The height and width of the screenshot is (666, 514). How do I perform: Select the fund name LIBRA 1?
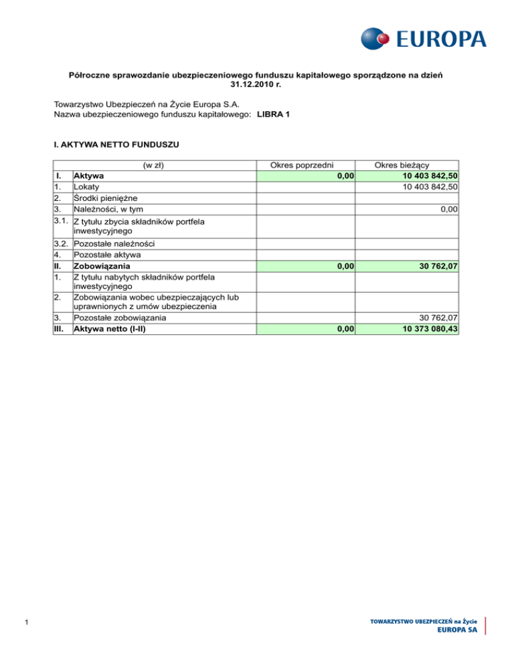pyautogui.click(x=273, y=115)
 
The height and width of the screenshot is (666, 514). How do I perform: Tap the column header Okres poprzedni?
pyautogui.click(x=306, y=165)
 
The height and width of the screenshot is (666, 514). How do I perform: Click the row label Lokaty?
pyautogui.click(x=86, y=187)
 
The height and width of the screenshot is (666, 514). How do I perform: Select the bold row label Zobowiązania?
pyautogui.click(x=102, y=267)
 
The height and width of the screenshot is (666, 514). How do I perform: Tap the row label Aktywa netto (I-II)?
pyautogui.click(x=110, y=329)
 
